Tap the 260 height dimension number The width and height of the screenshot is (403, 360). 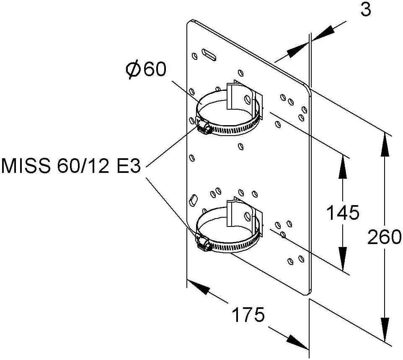click(384, 237)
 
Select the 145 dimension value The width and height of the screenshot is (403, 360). click(343, 212)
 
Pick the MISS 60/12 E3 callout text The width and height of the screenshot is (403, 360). click(71, 166)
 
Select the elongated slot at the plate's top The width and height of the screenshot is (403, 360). click(209, 55)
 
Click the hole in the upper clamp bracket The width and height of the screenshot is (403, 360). click(248, 99)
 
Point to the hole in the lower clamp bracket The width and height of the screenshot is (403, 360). click(248, 216)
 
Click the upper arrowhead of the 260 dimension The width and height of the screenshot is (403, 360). click(385, 144)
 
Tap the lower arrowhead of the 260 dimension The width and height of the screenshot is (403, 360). click(385, 330)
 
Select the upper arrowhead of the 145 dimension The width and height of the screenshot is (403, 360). click(343, 166)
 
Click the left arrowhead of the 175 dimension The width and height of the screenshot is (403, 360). click(198, 287)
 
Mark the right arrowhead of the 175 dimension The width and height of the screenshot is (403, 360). click(297, 342)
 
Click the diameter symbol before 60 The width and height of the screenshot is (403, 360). click(133, 70)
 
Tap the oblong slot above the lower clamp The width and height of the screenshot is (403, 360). click(193, 200)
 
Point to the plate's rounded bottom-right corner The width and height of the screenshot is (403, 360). click(307, 292)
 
